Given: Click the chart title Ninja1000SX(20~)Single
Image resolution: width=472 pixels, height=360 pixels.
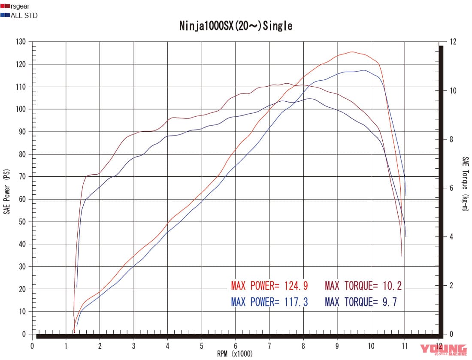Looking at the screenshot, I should tap(236, 26).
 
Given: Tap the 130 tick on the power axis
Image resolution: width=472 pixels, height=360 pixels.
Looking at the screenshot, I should tap(21, 42).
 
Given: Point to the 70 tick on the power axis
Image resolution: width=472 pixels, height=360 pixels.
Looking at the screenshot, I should tap(22, 177).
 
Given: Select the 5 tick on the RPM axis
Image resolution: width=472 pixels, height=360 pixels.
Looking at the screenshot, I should tap(201, 346).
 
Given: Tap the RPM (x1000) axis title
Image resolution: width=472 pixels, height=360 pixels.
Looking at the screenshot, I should tap(235, 354).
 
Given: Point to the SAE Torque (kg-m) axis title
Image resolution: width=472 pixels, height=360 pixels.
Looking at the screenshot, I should tap(465, 184).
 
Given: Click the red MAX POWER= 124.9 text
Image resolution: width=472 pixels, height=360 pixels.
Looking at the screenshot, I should tap(269, 285).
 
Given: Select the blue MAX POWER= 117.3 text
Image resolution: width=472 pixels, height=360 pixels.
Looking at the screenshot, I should tap(269, 302).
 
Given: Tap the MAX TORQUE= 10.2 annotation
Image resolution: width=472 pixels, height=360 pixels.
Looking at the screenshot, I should tap(363, 285).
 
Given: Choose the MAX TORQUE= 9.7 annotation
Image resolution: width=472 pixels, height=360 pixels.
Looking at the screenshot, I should tap(360, 302).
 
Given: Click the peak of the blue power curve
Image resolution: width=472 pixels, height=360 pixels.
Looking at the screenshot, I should tap(364, 70).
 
